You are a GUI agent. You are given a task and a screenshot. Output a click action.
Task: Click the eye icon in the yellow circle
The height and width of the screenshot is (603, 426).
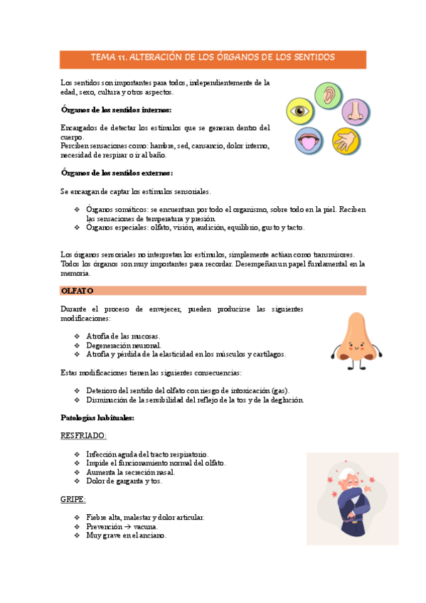click(x=299, y=110)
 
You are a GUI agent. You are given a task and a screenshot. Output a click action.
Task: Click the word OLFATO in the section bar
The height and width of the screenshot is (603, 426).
click(x=78, y=291)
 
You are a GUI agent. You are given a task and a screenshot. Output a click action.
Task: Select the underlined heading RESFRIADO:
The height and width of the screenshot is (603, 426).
click(x=84, y=435)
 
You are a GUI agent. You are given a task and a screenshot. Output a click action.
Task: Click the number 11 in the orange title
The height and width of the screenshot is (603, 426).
click(x=128, y=57)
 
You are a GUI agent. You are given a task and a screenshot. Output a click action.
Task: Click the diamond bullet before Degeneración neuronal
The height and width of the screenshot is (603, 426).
click(x=78, y=345)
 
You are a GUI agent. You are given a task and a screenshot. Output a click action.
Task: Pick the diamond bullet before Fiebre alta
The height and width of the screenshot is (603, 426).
click(x=78, y=517)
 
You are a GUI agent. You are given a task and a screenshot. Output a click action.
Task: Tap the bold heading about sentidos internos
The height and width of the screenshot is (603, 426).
click(x=116, y=110)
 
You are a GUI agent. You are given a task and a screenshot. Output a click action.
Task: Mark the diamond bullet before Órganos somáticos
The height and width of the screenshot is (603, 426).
click(x=78, y=210)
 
